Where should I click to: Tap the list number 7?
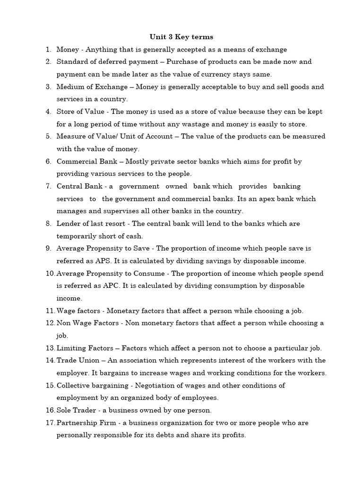[48, 186]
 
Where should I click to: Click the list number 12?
[50, 323]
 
